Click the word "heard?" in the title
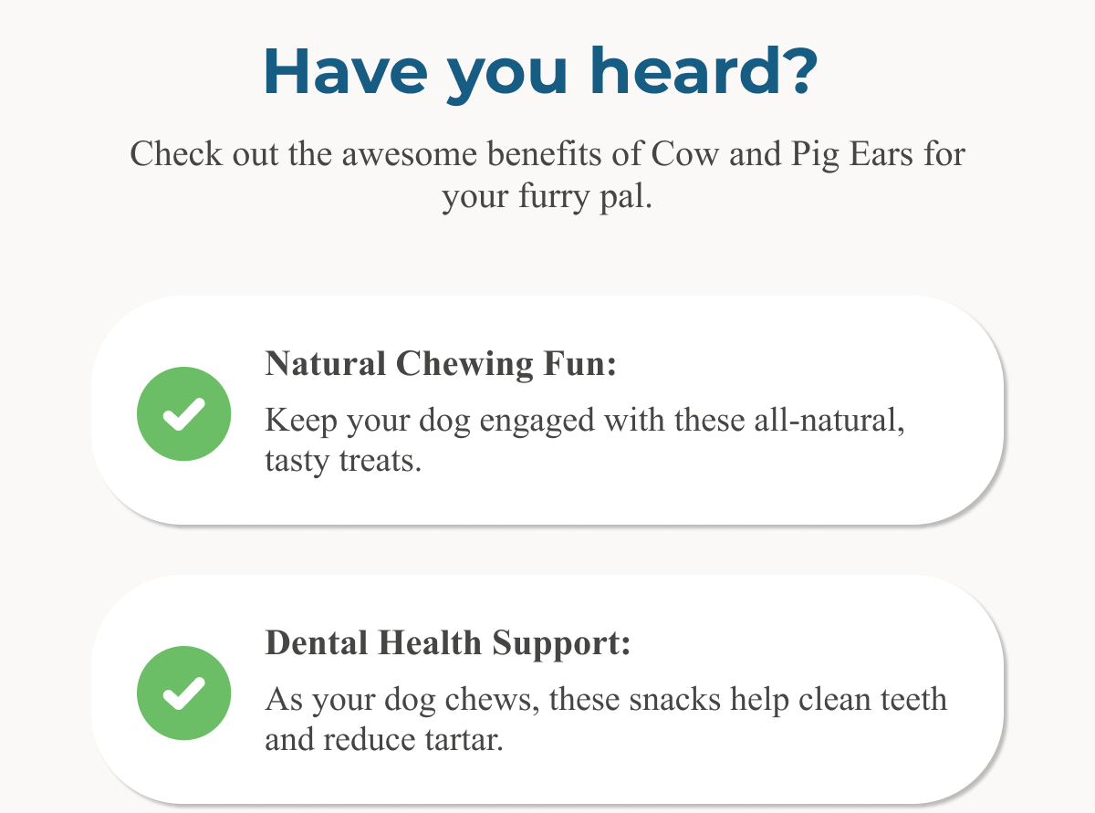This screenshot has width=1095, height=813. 704,70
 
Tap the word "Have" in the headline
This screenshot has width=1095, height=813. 346,70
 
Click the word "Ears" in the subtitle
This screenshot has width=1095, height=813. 881,154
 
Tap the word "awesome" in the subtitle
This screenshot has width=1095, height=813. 410,155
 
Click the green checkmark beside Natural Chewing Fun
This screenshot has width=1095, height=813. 183,413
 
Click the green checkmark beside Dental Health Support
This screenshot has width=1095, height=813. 183,693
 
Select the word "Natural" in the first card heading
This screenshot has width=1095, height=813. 326,364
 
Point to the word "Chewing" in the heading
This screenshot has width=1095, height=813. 464,365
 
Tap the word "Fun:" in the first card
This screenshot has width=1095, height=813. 580,364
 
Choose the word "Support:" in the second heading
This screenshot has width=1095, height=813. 561,645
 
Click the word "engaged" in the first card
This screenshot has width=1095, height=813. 537,422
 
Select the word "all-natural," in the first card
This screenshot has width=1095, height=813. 829,421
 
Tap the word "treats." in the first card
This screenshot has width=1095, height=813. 381,462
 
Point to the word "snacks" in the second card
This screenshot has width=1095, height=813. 675,700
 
